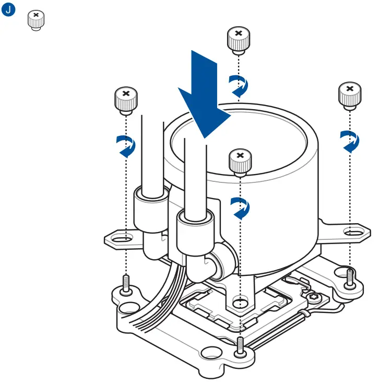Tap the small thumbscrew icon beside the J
(x=35, y=20)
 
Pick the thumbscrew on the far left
(x=126, y=100)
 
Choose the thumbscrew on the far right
(x=350, y=95)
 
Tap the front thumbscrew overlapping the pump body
(x=240, y=161)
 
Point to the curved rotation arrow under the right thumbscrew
(x=350, y=141)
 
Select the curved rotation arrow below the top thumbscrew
(x=239, y=85)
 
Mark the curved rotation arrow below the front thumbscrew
(x=240, y=207)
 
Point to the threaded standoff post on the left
(x=126, y=285)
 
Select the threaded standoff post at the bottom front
(x=240, y=345)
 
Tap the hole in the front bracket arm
(x=240, y=302)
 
